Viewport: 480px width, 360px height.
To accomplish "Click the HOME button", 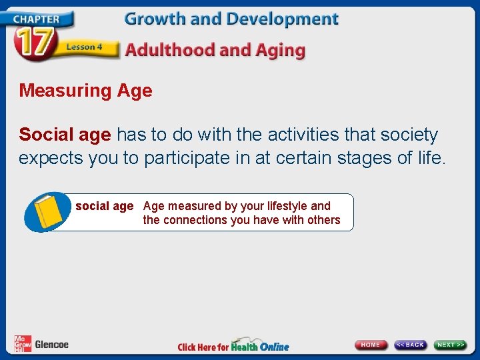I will click(371, 345).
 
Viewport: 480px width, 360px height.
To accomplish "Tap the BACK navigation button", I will click(410, 345).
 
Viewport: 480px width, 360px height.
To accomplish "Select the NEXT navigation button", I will click(450, 345).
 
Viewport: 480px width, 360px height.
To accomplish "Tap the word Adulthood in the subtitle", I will click(173, 50).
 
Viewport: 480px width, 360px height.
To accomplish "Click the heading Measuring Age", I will click(85, 91).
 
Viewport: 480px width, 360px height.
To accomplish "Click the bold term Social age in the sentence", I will click(65, 135).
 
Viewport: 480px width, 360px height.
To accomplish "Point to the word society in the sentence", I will click(409, 135).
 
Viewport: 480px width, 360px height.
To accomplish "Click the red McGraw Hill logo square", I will click(22, 343).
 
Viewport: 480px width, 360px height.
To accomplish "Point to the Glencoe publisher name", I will click(51, 345).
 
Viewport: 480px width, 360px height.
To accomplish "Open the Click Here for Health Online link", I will click(233, 346).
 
